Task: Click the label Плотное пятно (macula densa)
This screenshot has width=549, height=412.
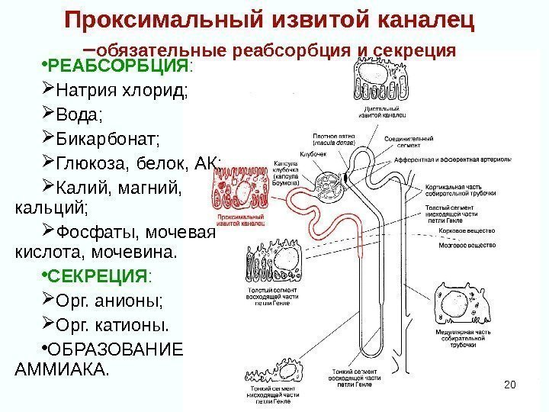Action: click(x=333, y=140)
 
